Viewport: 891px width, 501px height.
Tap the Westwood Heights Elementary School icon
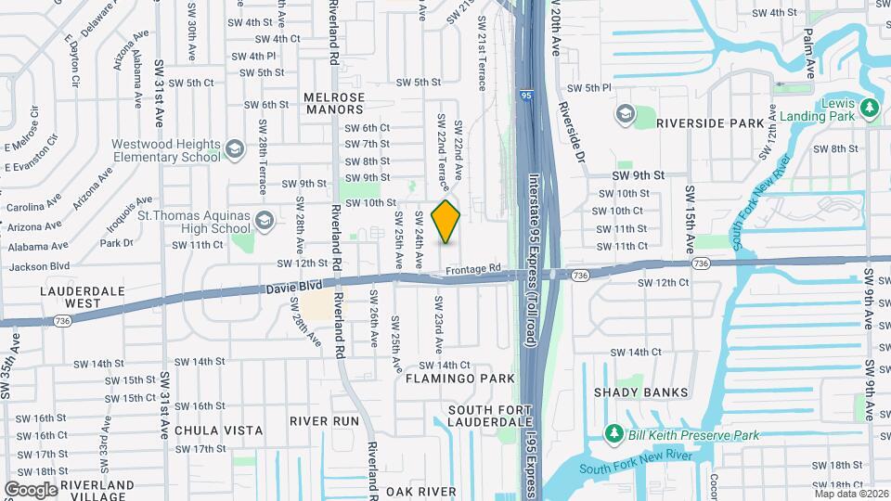pos(235,149)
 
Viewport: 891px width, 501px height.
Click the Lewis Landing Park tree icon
pos(870,109)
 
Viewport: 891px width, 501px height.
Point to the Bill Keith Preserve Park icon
pos(613,434)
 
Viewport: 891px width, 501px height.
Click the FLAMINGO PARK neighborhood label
pos(459,379)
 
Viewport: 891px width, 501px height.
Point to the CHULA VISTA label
pos(218,430)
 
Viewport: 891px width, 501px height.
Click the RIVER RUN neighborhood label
pos(324,420)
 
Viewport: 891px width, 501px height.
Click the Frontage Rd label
pos(472,269)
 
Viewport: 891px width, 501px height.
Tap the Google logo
pos(31,489)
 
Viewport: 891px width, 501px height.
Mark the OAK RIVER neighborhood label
pos(421,491)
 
